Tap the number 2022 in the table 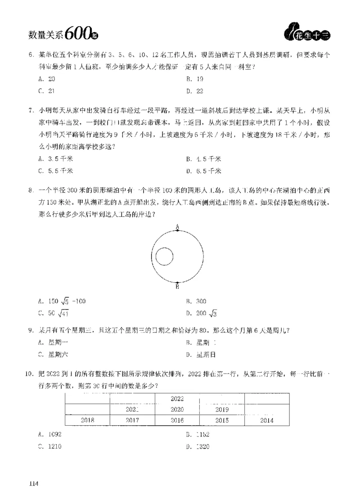[x=177, y=398]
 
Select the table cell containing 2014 [x=267, y=420]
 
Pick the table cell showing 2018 [x=87, y=420]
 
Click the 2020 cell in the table [x=177, y=409]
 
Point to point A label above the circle [x=177, y=226]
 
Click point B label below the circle [x=177, y=286]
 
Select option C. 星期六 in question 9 [x=53, y=355]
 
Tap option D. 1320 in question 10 [x=198, y=447]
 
